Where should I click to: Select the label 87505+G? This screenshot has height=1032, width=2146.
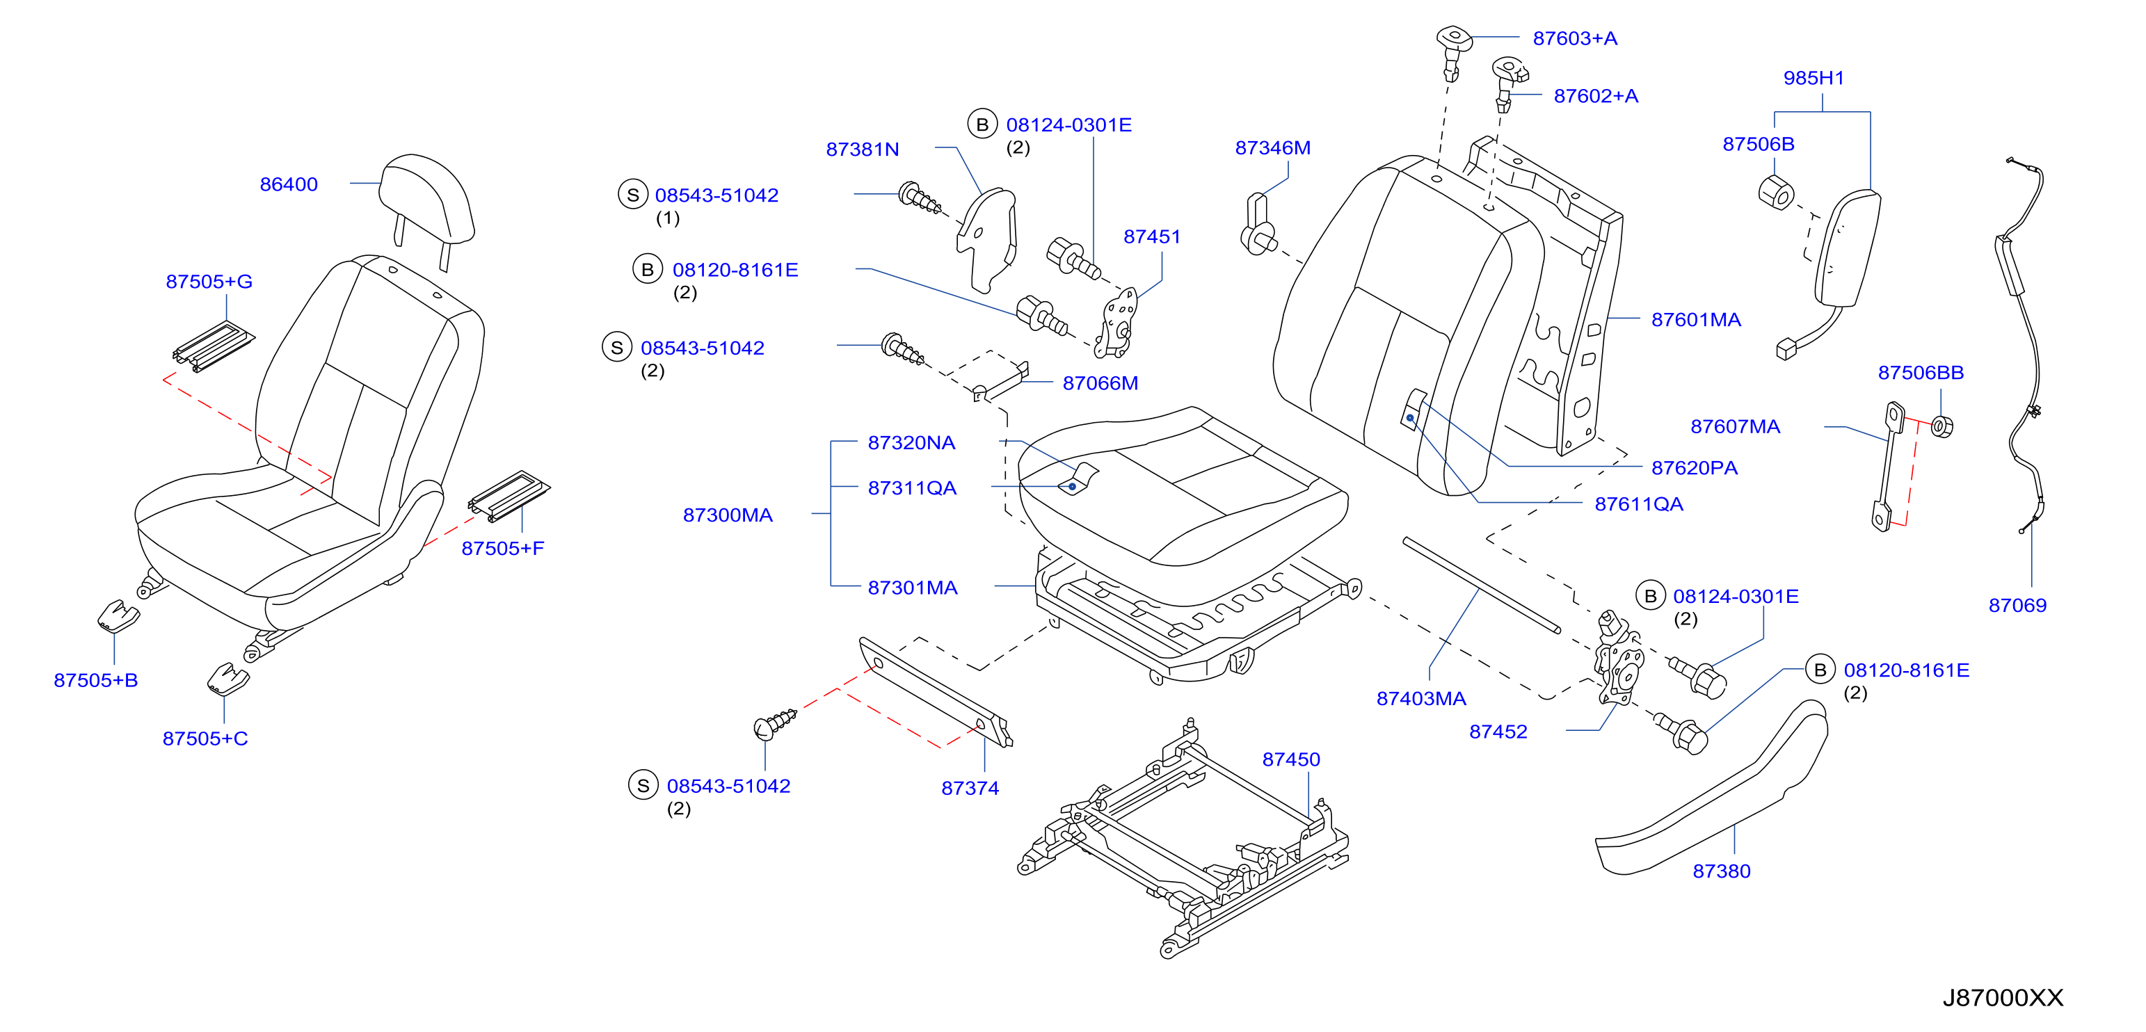[x=209, y=282]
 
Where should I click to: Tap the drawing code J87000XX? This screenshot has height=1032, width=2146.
[x=2003, y=997]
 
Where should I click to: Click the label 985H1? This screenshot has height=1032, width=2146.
[x=1813, y=77]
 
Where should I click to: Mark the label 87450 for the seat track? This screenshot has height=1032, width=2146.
[x=1290, y=759]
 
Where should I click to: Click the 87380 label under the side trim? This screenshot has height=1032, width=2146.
[x=1721, y=871]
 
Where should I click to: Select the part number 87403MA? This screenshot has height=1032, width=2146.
[x=1420, y=698]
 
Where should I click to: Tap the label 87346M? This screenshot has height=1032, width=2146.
[x=1272, y=147]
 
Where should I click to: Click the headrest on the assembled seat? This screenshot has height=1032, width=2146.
[x=426, y=200]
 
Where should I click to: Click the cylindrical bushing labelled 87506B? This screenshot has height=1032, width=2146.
[x=1775, y=193]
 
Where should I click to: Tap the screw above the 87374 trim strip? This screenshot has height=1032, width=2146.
[x=774, y=724]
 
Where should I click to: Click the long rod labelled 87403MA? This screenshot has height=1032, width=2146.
[x=1481, y=585]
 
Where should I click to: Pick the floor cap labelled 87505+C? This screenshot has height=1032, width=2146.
[x=227, y=678]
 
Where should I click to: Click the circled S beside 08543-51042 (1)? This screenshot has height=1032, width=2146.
[x=632, y=194]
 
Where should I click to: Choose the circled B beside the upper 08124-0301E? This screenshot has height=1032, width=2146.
[x=982, y=124]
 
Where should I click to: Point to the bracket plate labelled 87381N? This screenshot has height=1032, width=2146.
[x=987, y=240]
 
